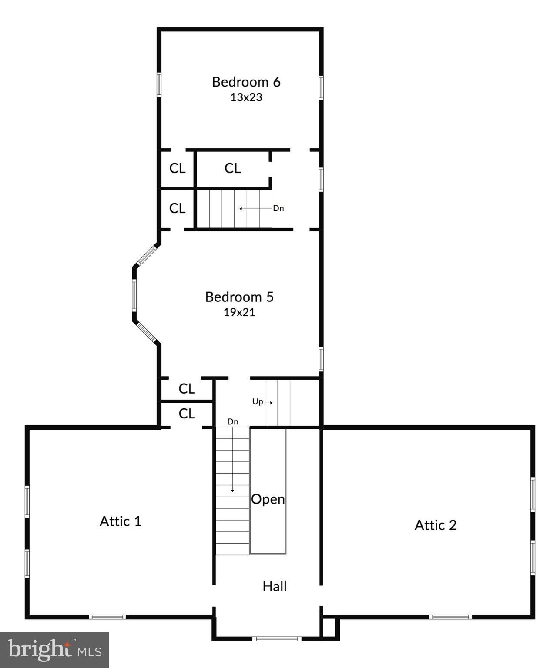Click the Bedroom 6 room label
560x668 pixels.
tap(246, 82)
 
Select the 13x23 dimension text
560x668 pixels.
tap(246, 97)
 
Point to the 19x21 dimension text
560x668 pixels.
tap(239, 312)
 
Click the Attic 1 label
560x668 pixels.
tap(121, 521)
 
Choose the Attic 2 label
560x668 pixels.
tap(435, 525)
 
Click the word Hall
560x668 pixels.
tap(275, 586)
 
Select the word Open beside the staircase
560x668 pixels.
tap(268, 499)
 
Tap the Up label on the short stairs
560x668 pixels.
tap(258, 402)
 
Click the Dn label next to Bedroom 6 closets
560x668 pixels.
tap(278, 208)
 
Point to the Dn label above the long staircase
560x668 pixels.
tap(233, 422)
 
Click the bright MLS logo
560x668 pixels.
tap(54, 650)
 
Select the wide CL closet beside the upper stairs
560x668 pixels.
tap(232, 168)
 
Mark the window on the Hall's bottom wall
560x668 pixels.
tap(277, 638)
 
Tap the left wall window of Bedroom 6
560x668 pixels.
tap(159, 84)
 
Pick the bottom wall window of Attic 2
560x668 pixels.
tap(450, 616)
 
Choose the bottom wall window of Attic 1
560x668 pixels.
tap(107, 616)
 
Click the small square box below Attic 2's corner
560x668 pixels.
tap(329, 627)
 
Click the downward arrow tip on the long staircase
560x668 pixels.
tap(233, 491)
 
